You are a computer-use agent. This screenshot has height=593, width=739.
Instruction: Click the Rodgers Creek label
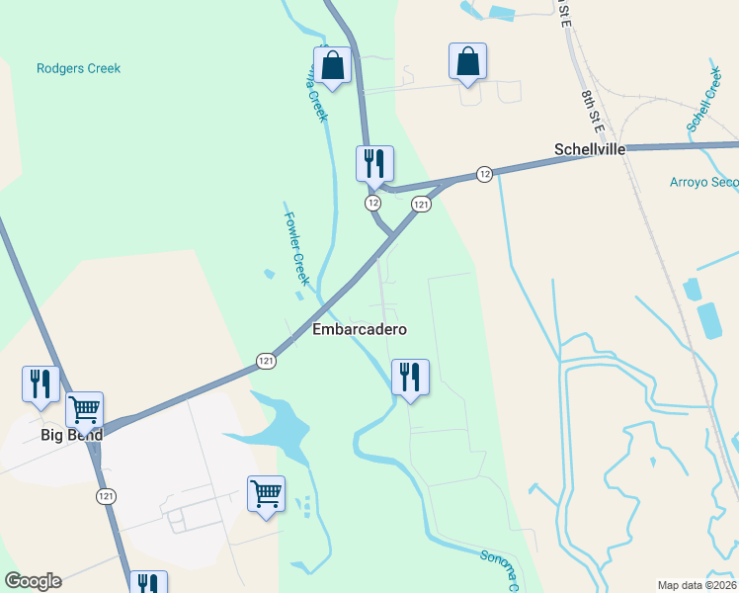coord(78,68)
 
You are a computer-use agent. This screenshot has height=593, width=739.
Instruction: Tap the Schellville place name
coord(589,149)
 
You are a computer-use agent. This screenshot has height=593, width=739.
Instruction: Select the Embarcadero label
coord(360,329)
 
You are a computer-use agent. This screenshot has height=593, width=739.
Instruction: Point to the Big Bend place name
coord(71,435)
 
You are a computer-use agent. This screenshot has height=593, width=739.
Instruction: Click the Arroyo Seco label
coord(703,182)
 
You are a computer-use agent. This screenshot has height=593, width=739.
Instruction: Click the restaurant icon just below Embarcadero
coord(410,377)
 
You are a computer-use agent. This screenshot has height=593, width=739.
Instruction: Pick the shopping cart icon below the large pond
coord(266,492)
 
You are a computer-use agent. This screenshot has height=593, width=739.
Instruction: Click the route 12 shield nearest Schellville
coord(483,174)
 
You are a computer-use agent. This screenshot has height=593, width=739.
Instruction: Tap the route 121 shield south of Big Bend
coord(105,495)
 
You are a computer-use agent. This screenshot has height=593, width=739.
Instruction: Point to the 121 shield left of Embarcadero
coord(266,362)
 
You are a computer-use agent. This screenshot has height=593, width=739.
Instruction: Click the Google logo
coord(33,581)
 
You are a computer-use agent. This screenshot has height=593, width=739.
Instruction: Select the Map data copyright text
coord(697,585)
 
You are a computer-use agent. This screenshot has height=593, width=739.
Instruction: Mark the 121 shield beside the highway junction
coord(421,204)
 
